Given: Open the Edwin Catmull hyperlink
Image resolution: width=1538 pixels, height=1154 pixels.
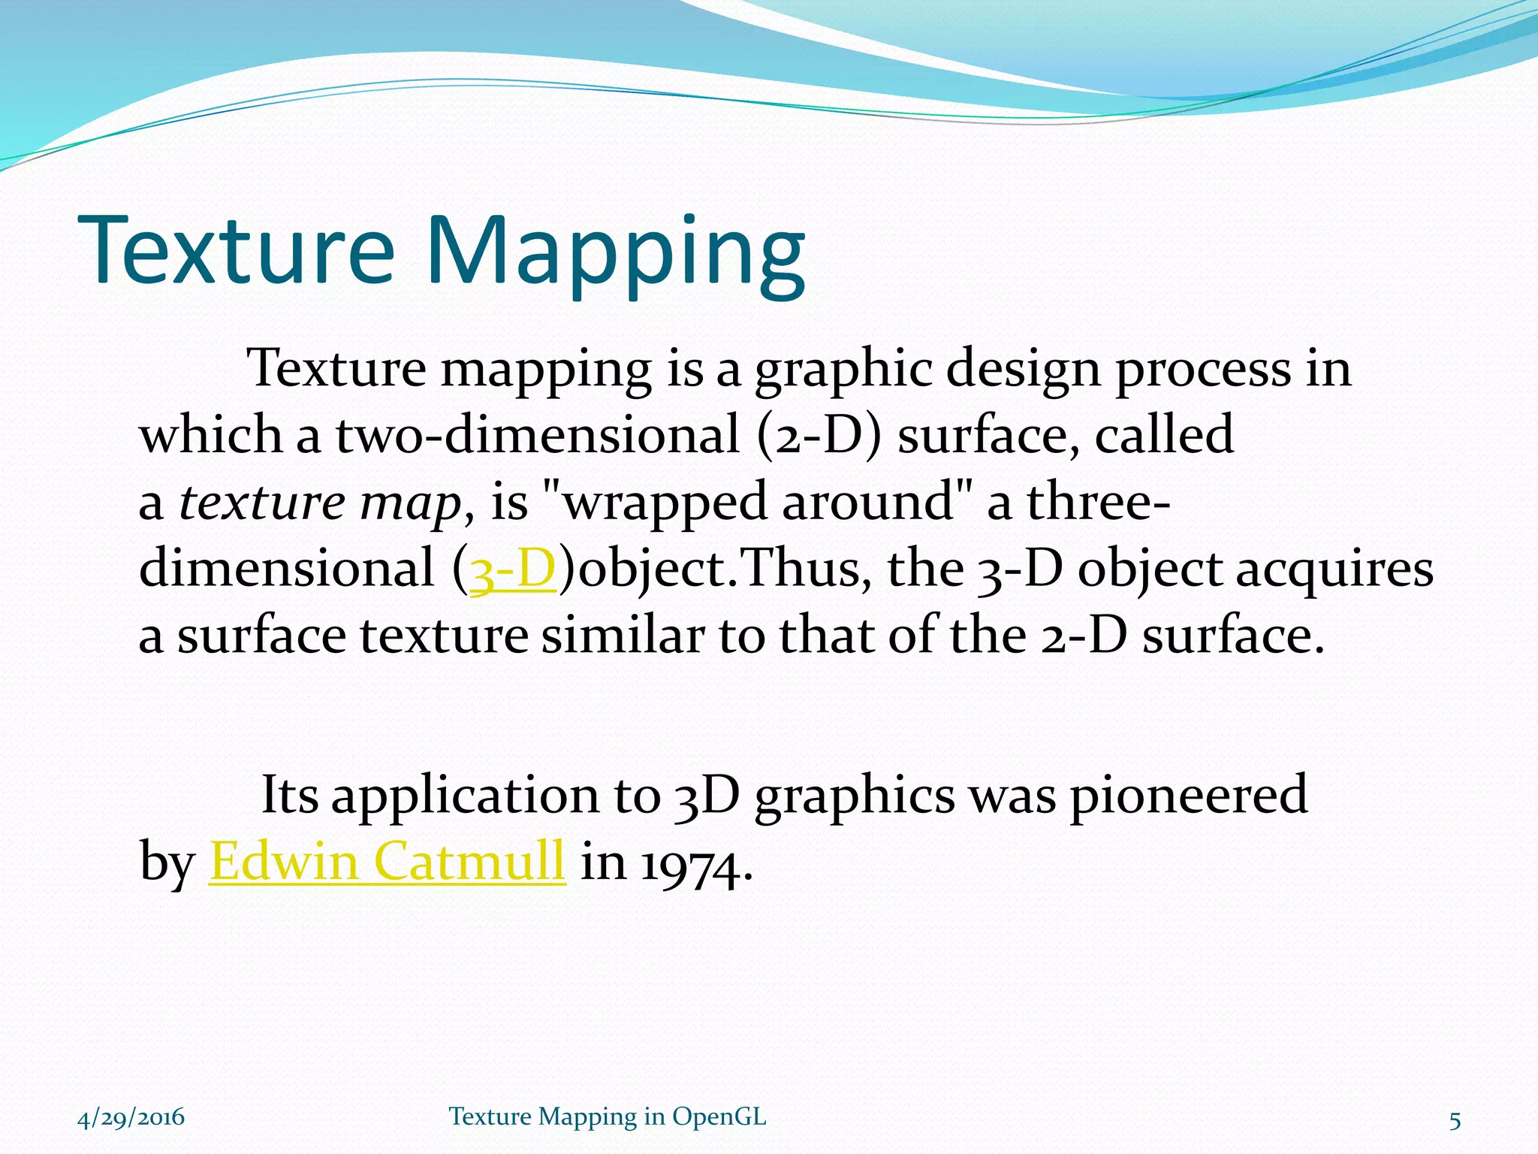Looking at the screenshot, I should coord(387,861).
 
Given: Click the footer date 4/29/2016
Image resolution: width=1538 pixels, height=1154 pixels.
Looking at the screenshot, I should coord(131,1117).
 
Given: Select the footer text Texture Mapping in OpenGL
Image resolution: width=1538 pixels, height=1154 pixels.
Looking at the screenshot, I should coord(608,1117).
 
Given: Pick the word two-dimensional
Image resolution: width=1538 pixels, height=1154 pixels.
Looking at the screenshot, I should coord(538,436).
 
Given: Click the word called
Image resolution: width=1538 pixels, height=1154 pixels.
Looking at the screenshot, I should coord(1164,436).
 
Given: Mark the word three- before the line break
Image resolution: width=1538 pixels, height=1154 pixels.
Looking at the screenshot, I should coord(1098,503).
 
